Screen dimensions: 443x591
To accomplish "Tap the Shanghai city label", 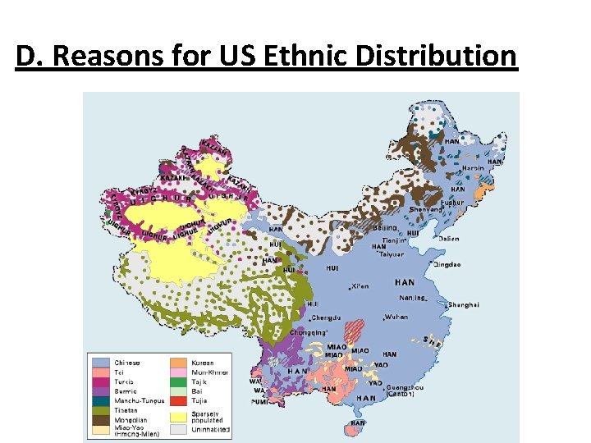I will coord(463,304).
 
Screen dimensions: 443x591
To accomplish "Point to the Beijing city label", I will coord(385,227).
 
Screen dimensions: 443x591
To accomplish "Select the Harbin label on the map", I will coord(473,167).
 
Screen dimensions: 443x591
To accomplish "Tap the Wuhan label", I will coord(396,317).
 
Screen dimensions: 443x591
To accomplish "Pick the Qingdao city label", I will coord(447,265).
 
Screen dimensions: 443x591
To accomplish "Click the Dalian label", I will coord(449,239).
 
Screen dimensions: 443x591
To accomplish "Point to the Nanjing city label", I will coord(412,299).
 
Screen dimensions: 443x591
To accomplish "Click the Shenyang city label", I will coord(426,209).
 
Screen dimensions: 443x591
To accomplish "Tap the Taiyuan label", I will coord(392,254).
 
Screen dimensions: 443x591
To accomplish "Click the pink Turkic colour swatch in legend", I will coord(101,382).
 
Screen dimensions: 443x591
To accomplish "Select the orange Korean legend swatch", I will coord(178,363).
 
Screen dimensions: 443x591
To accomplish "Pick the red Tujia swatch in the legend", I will coord(178,401).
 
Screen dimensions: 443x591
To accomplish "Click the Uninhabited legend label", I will coord(212,430).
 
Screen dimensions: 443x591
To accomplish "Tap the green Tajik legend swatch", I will coord(178,382).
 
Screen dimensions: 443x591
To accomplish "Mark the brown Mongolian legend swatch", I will coord(101,421).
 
